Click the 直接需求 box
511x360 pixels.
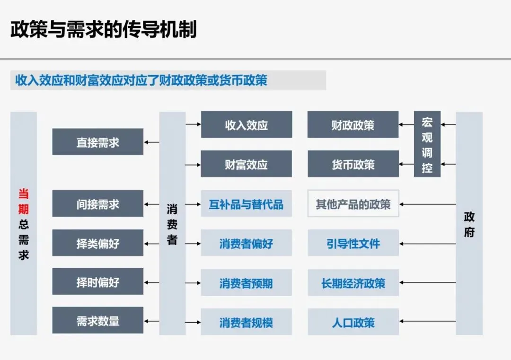pos(97,141)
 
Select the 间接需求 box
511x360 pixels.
pos(97,203)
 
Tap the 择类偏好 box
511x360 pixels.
pos(97,243)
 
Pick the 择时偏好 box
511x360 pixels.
pos(97,282)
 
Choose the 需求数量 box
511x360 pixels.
pos(97,321)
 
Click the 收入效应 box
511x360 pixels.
pos(246,125)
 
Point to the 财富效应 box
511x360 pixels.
pos(246,164)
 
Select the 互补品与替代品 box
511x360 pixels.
pos(246,204)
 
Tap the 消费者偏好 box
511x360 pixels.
pos(246,244)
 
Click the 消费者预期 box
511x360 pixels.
pos(246,283)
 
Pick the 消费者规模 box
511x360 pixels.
pos(246,322)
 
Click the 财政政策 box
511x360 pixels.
pos(353,125)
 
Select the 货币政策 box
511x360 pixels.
pos(353,164)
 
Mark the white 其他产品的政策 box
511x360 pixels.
pos(353,204)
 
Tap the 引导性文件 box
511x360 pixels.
pos(353,244)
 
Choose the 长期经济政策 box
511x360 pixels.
pos(353,283)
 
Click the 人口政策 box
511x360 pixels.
pos(353,322)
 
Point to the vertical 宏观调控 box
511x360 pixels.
pos(427,144)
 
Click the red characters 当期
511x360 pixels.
pos(24,201)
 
